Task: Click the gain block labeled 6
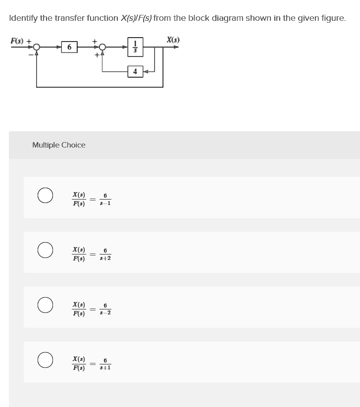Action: (x=69, y=48)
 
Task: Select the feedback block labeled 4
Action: (x=135, y=72)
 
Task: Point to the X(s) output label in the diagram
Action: (x=173, y=40)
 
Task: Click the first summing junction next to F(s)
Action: (x=36, y=48)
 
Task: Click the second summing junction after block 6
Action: (x=103, y=48)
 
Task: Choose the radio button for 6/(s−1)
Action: (x=45, y=195)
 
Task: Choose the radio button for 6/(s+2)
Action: (x=45, y=250)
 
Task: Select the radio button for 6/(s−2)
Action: (x=45, y=305)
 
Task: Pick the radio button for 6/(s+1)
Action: (x=45, y=360)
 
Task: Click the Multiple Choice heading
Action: (x=58, y=145)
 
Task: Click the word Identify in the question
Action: (x=23, y=18)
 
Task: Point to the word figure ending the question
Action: (x=332, y=18)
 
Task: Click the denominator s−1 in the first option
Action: (x=105, y=203)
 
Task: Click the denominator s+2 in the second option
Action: (x=105, y=258)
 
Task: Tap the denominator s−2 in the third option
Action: (x=105, y=313)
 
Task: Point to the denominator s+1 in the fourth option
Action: (x=105, y=368)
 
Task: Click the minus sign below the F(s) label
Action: (x=31, y=54)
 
